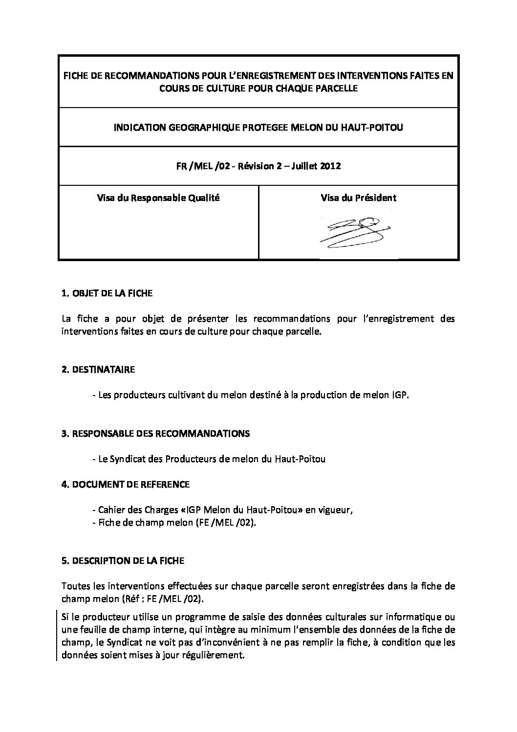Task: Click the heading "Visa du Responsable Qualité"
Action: (x=158, y=198)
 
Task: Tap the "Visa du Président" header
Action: (x=358, y=198)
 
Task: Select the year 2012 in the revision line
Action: (x=330, y=166)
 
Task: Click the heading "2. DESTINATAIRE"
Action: (x=98, y=370)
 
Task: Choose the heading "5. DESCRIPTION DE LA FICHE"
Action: (x=123, y=561)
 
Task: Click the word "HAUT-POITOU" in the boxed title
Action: (x=378, y=128)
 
